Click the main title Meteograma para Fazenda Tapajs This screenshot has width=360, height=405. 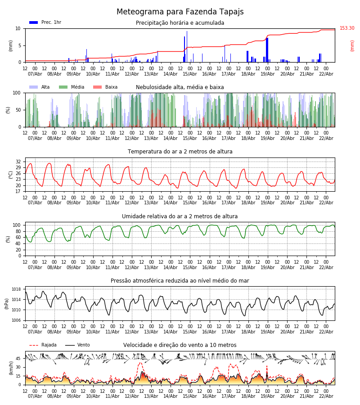click(180, 12)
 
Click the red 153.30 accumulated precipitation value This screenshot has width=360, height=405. click(347, 28)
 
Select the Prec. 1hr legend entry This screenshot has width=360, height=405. click(45, 22)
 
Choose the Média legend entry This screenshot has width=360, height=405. click(71, 87)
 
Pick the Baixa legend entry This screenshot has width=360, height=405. click(105, 87)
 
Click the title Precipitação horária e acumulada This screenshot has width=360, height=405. click(180, 23)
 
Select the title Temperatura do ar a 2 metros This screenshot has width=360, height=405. click(180, 152)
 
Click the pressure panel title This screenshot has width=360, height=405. click(180, 281)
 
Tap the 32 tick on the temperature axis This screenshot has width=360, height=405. click(18, 162)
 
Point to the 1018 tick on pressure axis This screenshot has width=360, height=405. click(16, 289)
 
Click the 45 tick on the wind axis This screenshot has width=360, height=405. click(18, 359)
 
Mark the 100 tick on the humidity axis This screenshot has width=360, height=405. click(17, 225)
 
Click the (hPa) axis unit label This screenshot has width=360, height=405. click(7, 303)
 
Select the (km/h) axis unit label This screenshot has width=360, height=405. click(11, 368)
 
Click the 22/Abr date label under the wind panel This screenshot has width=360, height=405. click(326, 396)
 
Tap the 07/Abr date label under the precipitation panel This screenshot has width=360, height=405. click(35, 74)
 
